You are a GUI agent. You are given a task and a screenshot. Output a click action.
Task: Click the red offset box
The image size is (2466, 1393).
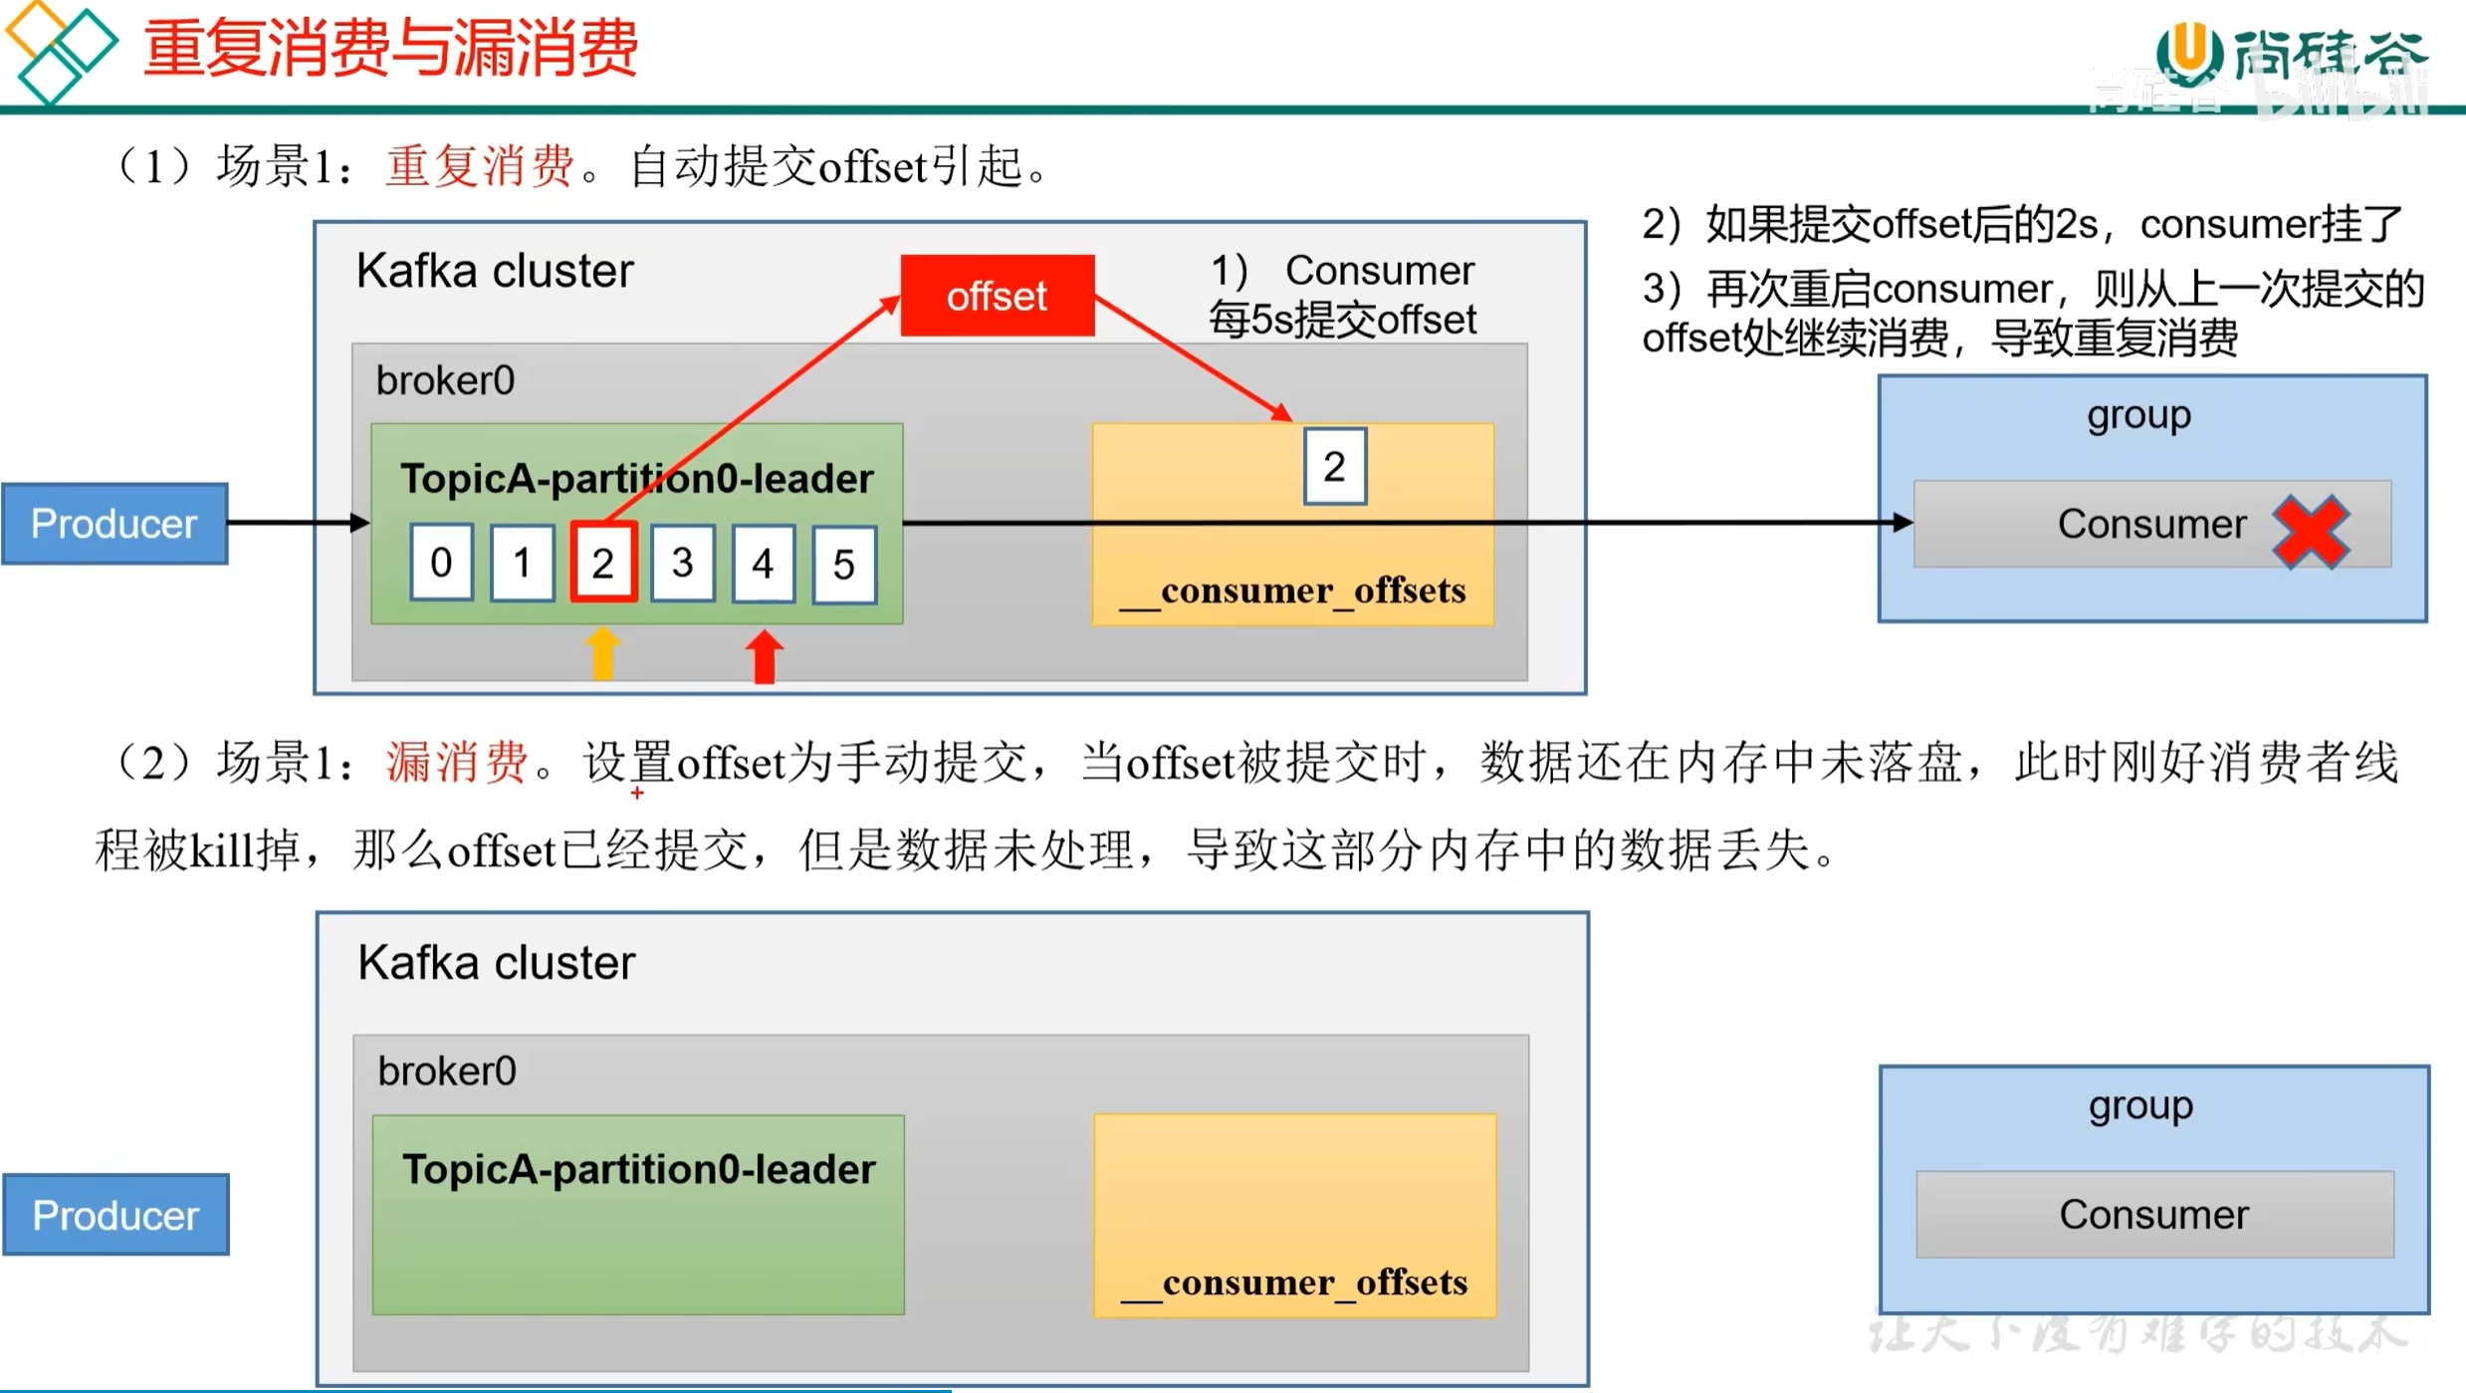(997, 296)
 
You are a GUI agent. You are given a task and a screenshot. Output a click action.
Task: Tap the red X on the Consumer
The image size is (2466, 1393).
(2311, 530)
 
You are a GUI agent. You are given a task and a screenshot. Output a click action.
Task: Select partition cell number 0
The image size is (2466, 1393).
(441, 564)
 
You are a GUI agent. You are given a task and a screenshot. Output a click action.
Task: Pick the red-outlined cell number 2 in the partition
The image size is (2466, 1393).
(602, 564)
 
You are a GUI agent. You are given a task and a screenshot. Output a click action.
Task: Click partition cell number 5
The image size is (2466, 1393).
(843, 565)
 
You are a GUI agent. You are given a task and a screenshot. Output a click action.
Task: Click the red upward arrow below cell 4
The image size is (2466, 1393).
(764, 656)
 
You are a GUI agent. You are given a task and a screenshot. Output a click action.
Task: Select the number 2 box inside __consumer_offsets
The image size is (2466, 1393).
(1334, 466)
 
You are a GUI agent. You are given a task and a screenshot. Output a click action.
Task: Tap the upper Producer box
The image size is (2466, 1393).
(114, 524)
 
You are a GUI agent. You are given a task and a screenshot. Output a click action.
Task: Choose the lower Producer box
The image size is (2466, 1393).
(115, 1215)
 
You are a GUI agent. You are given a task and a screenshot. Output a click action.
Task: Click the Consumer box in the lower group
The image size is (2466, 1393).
(2153, 1215)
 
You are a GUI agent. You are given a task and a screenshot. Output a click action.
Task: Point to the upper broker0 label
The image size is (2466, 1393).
(445, 380)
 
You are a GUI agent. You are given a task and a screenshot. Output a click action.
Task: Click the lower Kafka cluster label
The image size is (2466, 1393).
(496, 963)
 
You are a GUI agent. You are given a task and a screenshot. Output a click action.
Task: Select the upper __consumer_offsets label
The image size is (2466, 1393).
(1293, 590)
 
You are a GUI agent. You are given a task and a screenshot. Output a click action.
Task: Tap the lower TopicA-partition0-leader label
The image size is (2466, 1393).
(638, 1170)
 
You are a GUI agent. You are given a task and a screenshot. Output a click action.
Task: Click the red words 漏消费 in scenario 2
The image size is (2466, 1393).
(456, 763)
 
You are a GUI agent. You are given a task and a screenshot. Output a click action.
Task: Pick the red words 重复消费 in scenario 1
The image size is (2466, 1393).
(480, 165)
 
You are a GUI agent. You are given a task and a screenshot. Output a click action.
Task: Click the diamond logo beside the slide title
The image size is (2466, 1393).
(60, 50)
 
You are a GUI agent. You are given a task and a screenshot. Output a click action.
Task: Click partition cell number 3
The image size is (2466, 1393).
(682, 564)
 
